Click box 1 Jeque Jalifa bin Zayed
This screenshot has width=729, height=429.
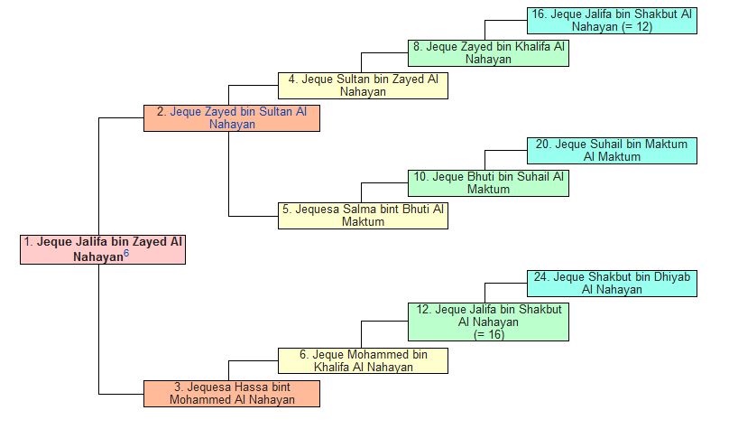[x=103, y=249]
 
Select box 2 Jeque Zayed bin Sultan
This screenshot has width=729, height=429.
[x=232, y=118]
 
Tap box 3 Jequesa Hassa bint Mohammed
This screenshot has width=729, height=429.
[x=232, y=394]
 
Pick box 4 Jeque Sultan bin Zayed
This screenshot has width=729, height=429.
[x=363, y=86]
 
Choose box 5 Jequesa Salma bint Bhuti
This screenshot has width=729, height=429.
[x=363, y=216]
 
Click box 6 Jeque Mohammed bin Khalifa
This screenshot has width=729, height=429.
[x=363, y=361]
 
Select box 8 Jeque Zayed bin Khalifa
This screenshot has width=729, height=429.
[x=488, y=53]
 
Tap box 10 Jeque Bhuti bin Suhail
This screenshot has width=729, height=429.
[x=488, y=183]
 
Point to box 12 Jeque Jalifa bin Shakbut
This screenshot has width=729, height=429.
[x=488, y=322]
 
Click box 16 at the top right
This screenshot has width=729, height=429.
[x=612, y=21]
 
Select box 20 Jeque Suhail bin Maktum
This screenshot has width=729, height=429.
[x=612, y=151]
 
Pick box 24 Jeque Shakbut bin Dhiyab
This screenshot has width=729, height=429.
[x=612, y=283]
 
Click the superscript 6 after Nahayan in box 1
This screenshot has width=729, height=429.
[x=126, y=254]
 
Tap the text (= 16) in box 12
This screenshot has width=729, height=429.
[x=488, y=334]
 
